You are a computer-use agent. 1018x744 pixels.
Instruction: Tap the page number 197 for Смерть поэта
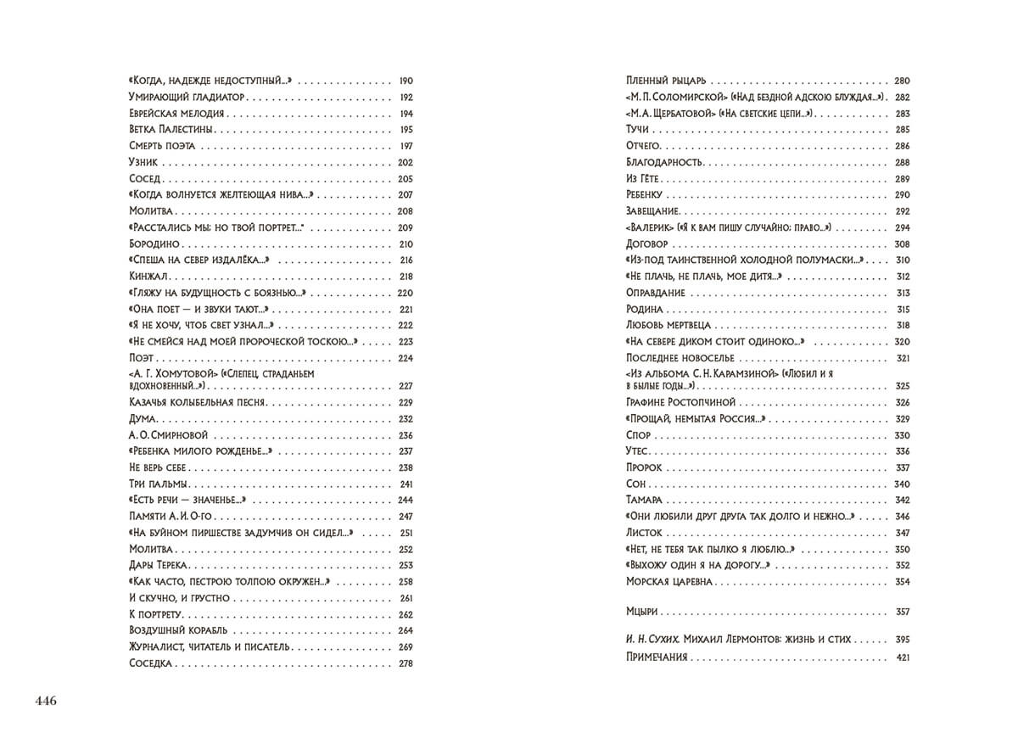pos(405,146)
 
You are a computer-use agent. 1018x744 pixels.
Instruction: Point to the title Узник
pos(143,162)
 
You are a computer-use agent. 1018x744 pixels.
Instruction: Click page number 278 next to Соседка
pos(405,663)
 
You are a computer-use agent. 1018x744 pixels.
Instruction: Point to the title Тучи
pos(637,129)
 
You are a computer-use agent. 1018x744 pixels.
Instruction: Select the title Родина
pos(644,309)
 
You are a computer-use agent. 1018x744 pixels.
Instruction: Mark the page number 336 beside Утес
pos(902,451)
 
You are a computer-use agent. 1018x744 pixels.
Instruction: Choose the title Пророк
pos(644,467)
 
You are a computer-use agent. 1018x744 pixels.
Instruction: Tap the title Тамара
pos(644,500)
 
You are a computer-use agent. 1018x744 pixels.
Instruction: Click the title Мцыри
pos(642,611)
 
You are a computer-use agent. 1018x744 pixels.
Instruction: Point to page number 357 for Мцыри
pos(902,611)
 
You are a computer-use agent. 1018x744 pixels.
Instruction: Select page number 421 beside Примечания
pos(902,657)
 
